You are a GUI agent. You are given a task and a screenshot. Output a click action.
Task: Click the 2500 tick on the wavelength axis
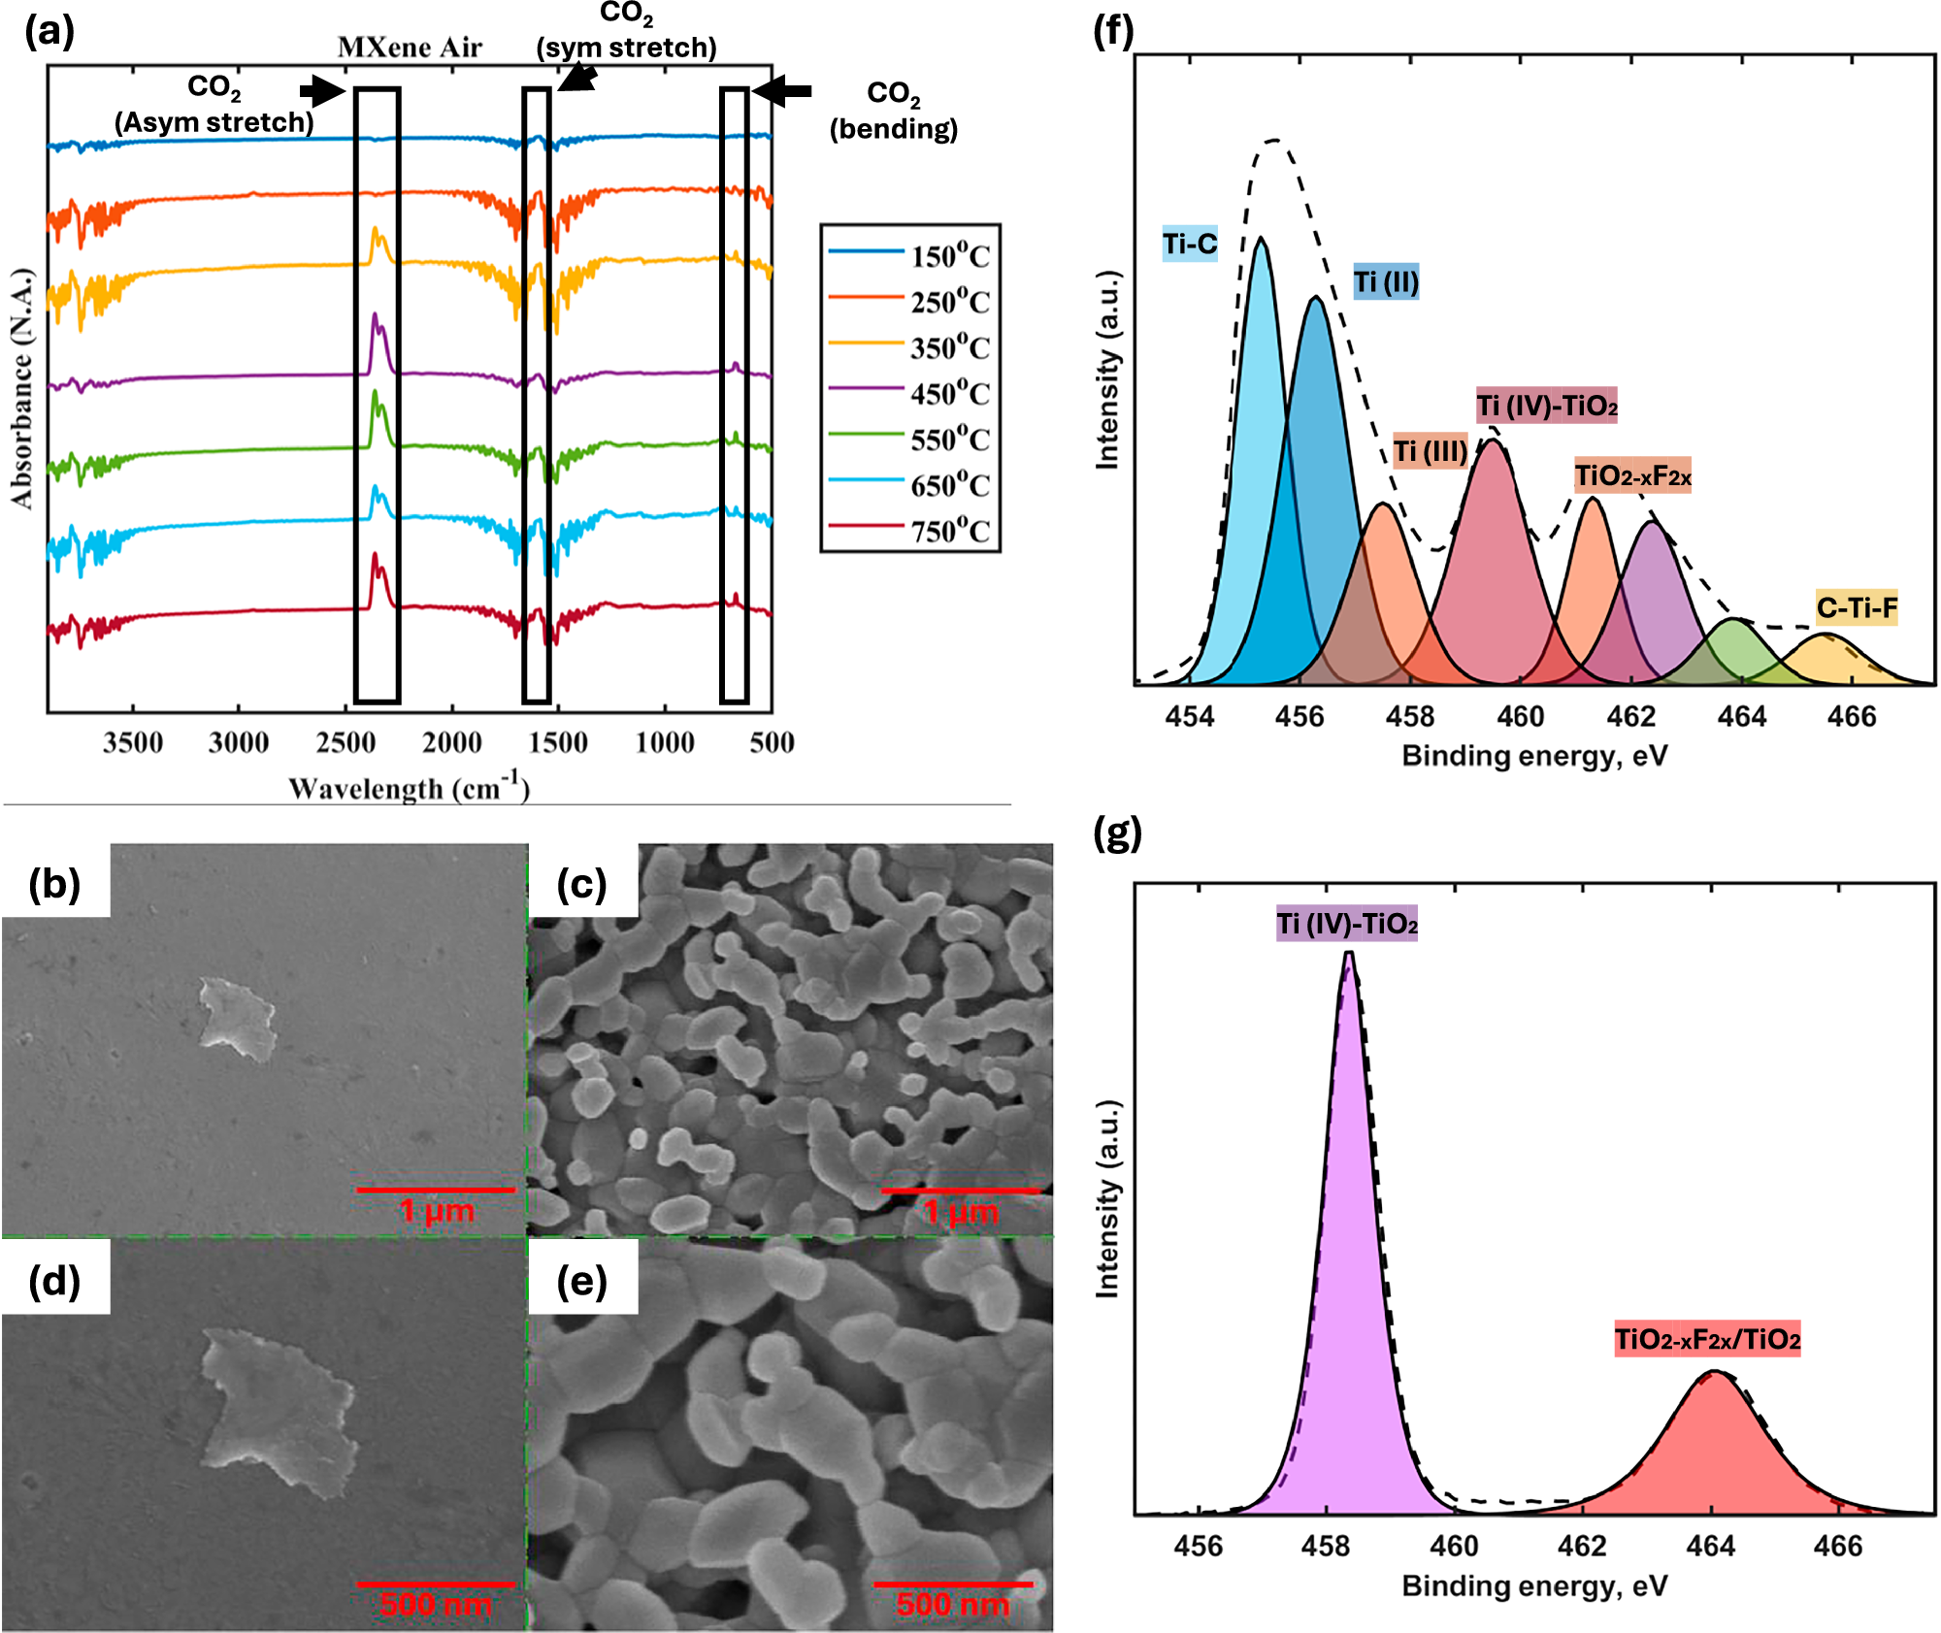coord(345,742)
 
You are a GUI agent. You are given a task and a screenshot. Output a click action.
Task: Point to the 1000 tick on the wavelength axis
coord(665,742)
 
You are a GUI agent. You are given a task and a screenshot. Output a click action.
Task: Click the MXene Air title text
coord(409,48)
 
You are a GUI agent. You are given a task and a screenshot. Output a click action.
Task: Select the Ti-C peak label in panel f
coord(1190,244)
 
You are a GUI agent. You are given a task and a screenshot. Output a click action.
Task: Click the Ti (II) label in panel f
coord(1386,281)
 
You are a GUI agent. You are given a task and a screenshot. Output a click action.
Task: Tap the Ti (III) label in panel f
coord(1430,451)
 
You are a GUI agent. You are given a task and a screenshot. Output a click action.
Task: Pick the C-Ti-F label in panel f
coord(1856,608)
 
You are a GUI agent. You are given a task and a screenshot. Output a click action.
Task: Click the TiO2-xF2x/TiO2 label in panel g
coord(1707,1339)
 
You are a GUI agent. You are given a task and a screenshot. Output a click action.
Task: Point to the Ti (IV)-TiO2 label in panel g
coord(1346,923)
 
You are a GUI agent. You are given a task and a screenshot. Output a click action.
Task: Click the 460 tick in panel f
coord(1520,716)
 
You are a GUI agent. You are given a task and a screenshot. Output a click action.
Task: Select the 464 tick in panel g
coord(1710,1545)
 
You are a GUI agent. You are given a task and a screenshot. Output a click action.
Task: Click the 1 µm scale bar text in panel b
coord(437,1210)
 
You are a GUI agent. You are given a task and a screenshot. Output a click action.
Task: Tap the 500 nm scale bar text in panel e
coord(952,1603)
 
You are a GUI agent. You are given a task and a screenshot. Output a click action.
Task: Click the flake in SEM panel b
coord(237,1018)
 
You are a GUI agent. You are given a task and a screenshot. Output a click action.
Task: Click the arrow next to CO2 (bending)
coord(782,91)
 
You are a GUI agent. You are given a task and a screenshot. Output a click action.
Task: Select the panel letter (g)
coord(1117,833)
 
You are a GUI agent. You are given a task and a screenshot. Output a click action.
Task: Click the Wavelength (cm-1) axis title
coord(409,787)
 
